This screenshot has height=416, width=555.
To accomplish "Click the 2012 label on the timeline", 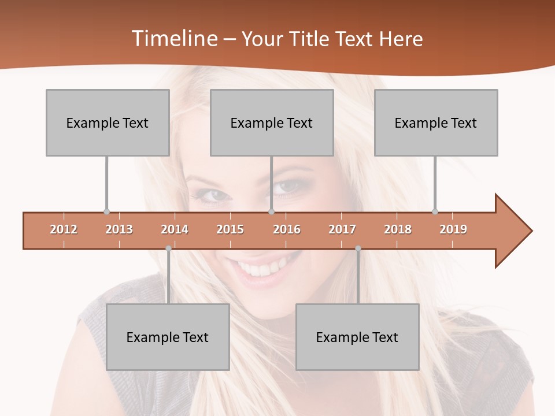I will tap(64, 229).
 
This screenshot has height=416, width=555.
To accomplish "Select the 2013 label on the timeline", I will tap(119, 229).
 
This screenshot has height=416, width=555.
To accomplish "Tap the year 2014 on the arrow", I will tap(175, 229).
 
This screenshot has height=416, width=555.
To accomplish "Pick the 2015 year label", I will tap(230, 229).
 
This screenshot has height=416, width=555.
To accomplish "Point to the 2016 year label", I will tap(287, 229).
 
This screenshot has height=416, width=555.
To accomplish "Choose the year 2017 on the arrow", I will tap(342, 229).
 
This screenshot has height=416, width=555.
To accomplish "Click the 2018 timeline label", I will tap(398, 229).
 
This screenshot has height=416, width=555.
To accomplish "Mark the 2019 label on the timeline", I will tap(453, 229).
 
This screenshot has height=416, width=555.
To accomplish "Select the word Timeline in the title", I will tap(173, 39).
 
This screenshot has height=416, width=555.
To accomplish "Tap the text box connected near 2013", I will tap(108, 122).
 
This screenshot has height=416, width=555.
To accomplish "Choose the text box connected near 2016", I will tap(272, 122).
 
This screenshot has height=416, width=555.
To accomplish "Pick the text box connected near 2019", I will tap(436, 122).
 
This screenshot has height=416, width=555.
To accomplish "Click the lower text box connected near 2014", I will tap(168, 337).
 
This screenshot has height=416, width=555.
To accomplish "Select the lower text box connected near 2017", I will tap(357, 337).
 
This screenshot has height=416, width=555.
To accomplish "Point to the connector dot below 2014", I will tap(168, 248).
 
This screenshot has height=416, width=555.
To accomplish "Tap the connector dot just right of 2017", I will tap(358, 248).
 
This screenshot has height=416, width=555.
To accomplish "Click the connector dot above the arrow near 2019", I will tap(435, 211).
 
